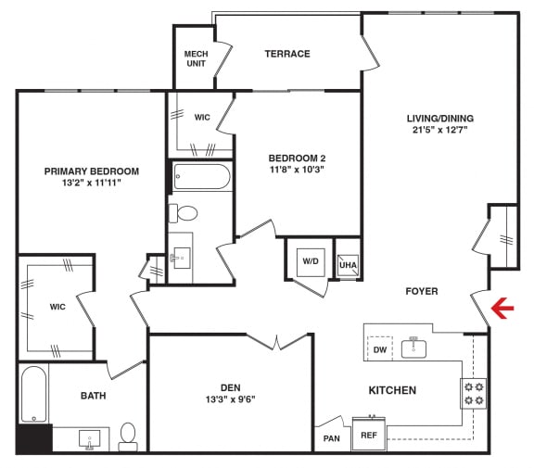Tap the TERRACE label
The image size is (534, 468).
coord(287,54)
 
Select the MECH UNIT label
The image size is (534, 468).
coord(196,59)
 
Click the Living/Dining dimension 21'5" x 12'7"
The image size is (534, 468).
coord(439,131)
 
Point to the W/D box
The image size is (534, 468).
coord(308,260)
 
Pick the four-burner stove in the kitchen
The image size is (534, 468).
coord(474,393)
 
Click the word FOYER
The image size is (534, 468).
coord(422,291)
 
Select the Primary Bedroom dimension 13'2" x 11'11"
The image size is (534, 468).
coord(91,183)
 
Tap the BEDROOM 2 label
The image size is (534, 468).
coord(297,158)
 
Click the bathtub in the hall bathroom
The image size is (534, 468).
coord(200,176)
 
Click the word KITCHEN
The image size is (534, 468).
coord(392,390)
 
